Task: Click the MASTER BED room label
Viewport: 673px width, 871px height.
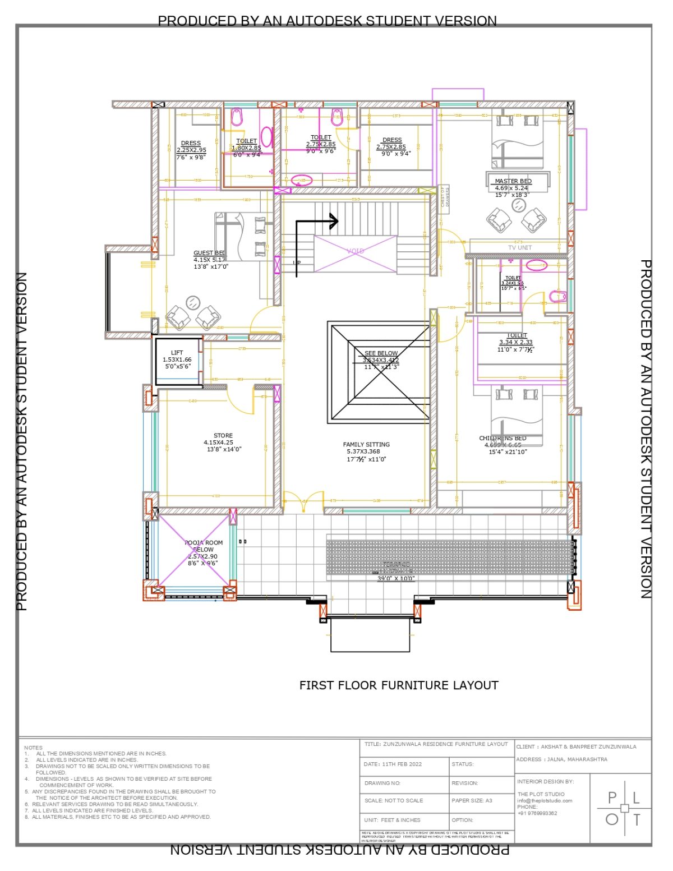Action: pos(513,181)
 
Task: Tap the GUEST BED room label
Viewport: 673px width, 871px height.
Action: pos(209,253)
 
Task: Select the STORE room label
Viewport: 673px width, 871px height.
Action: pos(223,435)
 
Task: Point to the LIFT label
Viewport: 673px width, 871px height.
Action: pos(177,353)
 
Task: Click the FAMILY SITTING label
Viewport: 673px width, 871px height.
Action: pos(366,444)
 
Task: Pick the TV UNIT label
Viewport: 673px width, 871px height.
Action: pos(519,247)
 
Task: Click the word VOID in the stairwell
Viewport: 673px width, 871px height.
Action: pos(355,251)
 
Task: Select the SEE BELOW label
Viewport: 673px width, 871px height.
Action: pos(381,353)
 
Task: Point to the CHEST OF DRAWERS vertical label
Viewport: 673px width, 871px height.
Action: pos(444,197)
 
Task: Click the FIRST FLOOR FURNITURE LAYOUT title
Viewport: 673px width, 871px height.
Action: pos(398,685)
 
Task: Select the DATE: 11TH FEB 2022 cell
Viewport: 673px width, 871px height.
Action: pos(393,764)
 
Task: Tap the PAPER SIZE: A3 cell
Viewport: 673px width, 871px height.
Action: pos(472,800)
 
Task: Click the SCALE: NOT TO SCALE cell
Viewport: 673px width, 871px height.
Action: pos(394,800)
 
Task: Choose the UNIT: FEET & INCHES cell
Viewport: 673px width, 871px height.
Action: pos(392,820)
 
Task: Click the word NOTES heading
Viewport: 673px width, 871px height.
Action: pos(33,748)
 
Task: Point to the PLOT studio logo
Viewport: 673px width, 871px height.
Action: pos(624,808)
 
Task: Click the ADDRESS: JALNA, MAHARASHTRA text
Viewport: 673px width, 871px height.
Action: pos(561,759)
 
